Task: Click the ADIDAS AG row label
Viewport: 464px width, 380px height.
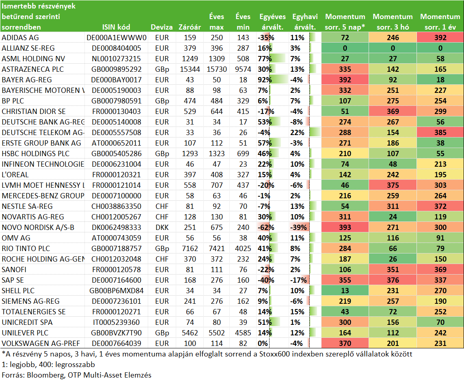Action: pyautogui.click(x=20, y=38)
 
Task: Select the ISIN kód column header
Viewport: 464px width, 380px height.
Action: pyautogui.click(x=116, y=27)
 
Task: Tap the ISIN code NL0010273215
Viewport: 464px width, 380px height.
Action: pyautogui.click(x=116, y=58)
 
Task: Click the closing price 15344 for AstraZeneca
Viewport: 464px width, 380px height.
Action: pyautogui.click(x=190, y=69)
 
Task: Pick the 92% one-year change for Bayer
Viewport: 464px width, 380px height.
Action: pyautogui.click(x=265, y=80)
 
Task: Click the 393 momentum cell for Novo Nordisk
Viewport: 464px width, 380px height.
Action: pyautogui.click(x=345, y=228)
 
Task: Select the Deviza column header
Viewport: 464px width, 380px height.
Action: pyautogui.click(x=162, y=27)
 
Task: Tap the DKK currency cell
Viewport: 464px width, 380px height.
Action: pyautogui.click(x=162, y=228)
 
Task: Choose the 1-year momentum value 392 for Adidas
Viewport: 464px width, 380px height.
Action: pyautogui.click(x=440, y=38)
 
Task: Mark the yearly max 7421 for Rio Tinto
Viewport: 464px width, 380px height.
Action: pyautogui.click(x=217, y=249)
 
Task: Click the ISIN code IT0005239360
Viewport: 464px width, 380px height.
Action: pyautogui.click(x=116, y=322)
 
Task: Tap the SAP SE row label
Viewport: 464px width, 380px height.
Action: pyautogui.click(x=13, y=280)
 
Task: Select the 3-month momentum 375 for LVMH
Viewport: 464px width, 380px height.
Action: pyautogui.click(x=393, y=185)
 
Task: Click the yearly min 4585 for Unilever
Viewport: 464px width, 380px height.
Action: pyautogui.click(x=243, y=333)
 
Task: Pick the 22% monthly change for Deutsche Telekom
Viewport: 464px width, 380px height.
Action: pyautogui.click(x=298, y=133)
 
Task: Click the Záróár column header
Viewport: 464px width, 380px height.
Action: pyautogui.click(x=190, y=27)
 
